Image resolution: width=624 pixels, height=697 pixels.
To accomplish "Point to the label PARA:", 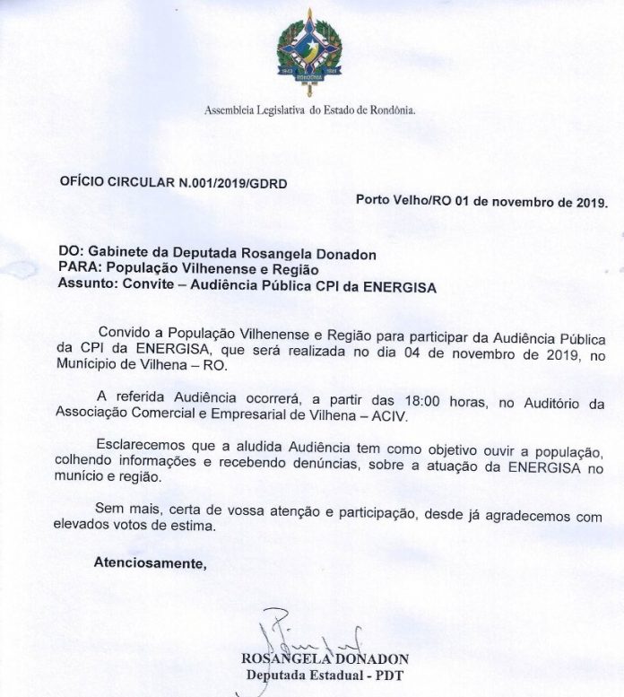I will (x=78, y=270).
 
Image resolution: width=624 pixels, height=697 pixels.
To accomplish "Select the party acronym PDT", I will (x=389, y=675).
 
